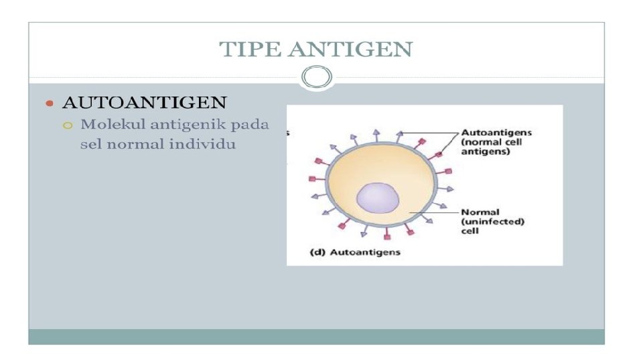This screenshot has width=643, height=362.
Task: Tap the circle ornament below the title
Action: tap(316, 78)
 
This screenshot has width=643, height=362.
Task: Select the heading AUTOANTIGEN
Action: tap(144, 103)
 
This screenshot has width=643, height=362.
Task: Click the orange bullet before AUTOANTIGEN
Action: tap(48, 103)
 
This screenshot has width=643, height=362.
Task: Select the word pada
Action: tap(250, 124)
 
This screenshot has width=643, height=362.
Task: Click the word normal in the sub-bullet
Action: tap(133, 144)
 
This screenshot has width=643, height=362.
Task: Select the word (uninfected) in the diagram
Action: tap(492, 222)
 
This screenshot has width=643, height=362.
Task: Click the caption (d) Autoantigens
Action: tap(354, 253)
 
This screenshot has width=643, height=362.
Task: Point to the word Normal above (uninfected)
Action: tap(480, 213)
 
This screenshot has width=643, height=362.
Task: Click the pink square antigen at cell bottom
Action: tap(387, 237)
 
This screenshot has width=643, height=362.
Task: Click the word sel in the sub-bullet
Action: tap(90, 144)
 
